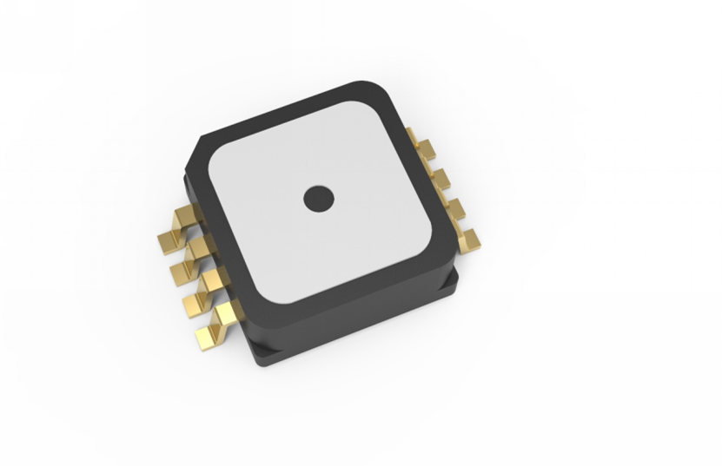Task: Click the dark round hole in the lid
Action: click(319, 199)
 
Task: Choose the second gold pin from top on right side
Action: click(440, 178)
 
